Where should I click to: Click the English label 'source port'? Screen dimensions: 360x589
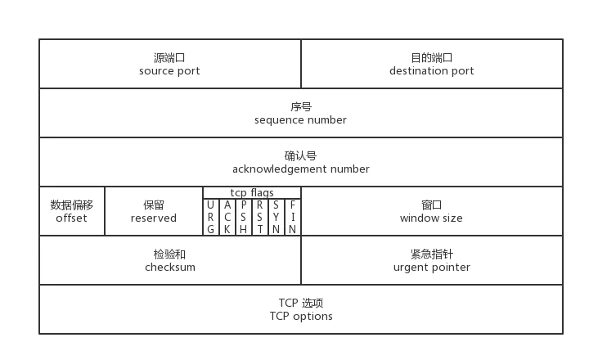point(169,71)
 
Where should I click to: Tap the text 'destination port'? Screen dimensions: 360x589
point(431,71)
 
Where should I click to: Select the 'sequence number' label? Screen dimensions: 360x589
point(300,120)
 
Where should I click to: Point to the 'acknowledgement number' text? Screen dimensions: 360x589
point(300,169)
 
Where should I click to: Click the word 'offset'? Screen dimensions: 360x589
point(71,218)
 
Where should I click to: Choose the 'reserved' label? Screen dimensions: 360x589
point(153,218)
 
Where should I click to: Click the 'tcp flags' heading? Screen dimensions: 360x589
point(251,193)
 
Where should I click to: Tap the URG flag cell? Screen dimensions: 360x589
point(211,217)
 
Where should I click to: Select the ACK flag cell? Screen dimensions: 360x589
point(227,217)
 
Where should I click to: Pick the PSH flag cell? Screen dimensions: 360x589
point(244,217)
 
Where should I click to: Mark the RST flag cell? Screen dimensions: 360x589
point(260,217)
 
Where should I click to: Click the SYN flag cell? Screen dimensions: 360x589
point(277,217)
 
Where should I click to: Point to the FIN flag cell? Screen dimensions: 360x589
point(293,217)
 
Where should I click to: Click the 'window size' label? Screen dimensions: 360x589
point(431,218)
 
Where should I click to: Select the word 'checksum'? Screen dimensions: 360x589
point(169,268)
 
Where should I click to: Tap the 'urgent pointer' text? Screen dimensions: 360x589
point(431,268)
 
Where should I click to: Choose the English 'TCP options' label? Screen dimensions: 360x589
point(300,317)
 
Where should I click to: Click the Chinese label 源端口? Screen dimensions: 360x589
point(169,58)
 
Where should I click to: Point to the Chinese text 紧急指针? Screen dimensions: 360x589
point(431,254)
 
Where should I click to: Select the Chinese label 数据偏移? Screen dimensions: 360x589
point(71,205)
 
